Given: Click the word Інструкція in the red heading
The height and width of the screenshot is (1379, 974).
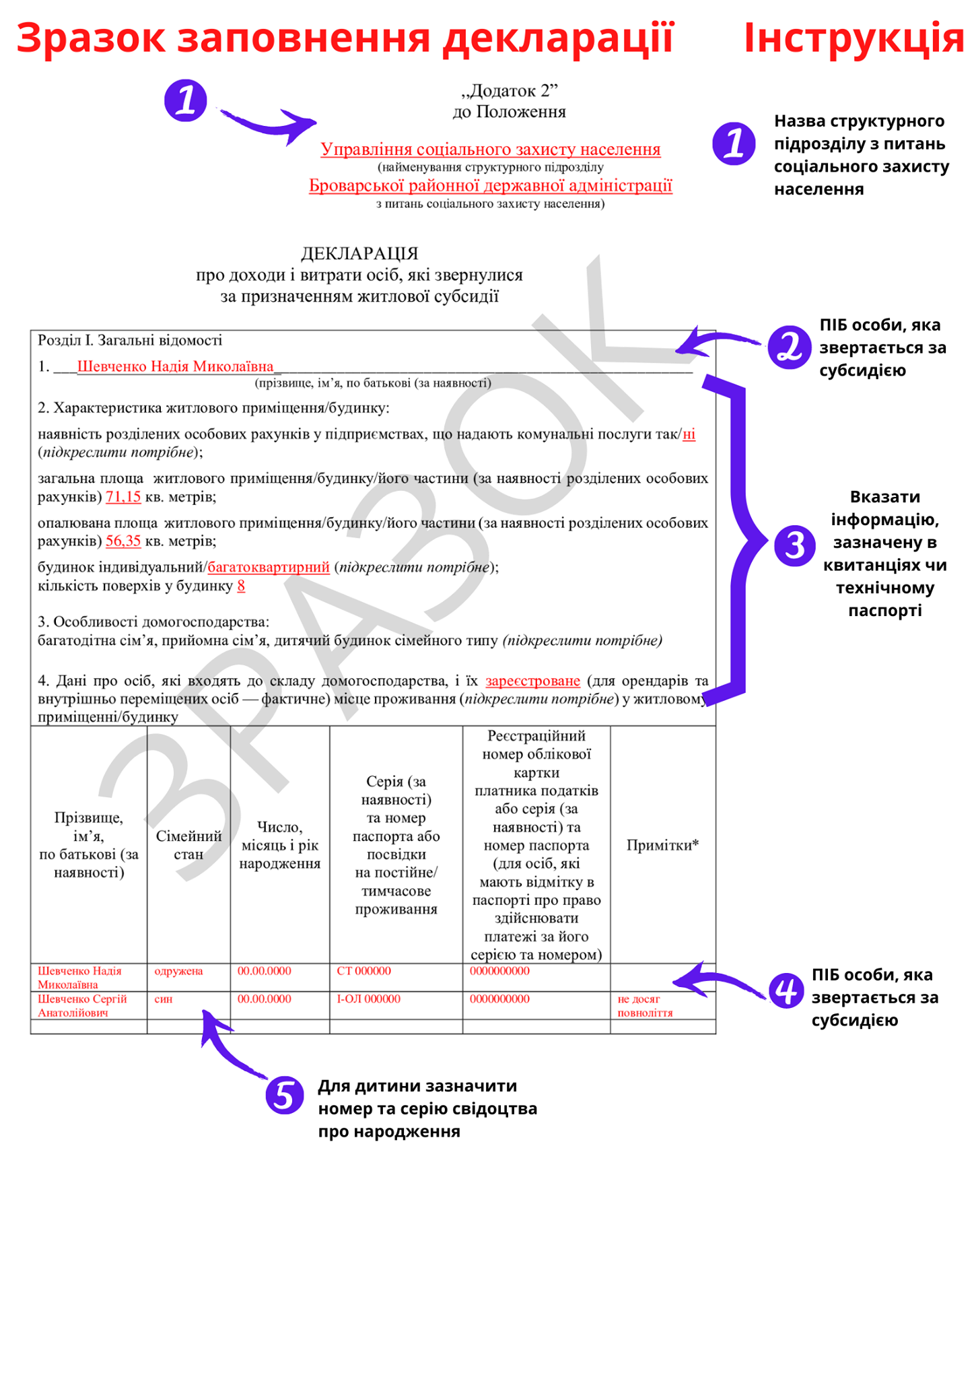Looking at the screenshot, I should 854,38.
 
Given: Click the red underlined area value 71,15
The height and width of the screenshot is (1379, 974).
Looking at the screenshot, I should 123,497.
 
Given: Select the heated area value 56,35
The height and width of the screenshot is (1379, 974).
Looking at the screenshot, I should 123,541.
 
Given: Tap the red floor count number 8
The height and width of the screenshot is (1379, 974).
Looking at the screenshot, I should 241,586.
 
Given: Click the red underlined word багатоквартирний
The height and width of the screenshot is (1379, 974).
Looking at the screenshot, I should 269,567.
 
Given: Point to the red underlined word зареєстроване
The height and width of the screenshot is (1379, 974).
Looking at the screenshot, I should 532,681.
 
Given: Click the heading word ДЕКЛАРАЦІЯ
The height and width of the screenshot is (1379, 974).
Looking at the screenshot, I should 359,253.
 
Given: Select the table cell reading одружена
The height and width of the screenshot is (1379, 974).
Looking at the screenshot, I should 178,971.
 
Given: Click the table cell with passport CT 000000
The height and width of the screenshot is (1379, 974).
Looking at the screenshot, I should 363,971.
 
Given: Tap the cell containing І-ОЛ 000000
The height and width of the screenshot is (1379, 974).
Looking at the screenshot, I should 368,999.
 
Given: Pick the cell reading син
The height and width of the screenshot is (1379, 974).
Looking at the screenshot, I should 164,999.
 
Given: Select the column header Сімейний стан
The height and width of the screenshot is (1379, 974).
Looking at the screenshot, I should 188,845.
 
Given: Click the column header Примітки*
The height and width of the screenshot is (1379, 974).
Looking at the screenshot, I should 662,845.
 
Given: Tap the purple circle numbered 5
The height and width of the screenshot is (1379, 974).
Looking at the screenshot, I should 284,1095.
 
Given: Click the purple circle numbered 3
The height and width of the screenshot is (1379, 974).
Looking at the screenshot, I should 794,545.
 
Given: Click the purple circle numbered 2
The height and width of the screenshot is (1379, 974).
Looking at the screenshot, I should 789,347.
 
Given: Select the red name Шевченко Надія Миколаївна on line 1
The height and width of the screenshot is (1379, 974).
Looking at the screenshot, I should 176,366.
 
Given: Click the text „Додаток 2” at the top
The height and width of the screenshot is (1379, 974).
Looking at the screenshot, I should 510,90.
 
